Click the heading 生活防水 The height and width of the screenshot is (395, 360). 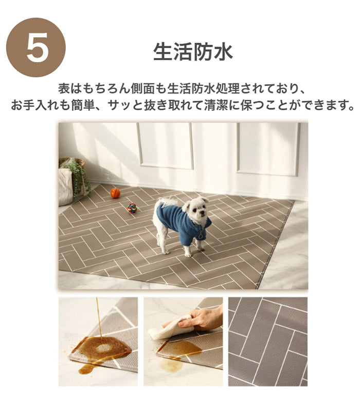tap(193, 52)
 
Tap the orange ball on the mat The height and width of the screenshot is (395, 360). tap(115, 193)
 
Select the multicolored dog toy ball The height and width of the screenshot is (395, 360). tap(132, 208)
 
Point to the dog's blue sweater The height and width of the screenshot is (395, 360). tap(180, 222)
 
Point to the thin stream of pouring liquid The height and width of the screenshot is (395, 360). tap(98, 316)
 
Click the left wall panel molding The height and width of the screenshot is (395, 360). tap(165, 146)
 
